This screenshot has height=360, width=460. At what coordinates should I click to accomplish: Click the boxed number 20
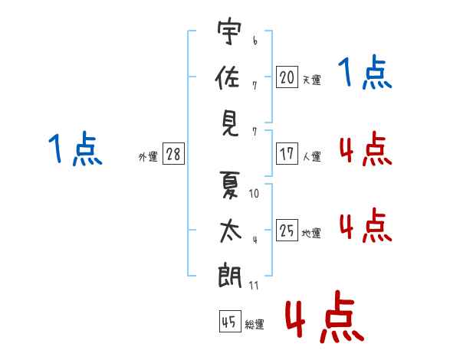(x=287, y=77)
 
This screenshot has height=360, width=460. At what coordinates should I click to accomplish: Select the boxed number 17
(x=287, y=154)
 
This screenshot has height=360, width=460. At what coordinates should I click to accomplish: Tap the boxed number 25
(x=287, y=231)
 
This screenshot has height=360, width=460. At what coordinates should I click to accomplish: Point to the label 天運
(x=311, y=80)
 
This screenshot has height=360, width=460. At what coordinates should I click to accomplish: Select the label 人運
(x=311, y=156)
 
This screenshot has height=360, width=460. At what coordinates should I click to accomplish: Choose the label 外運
(x=148, y=156)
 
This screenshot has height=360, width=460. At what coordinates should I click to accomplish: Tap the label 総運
(x=255, y=325)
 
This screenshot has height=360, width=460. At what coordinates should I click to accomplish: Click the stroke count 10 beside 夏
(x=254, y=194)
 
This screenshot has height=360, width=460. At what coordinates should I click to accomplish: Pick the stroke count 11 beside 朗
(x=254, y=285)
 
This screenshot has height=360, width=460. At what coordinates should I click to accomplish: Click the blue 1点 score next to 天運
(x=365, y=74)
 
